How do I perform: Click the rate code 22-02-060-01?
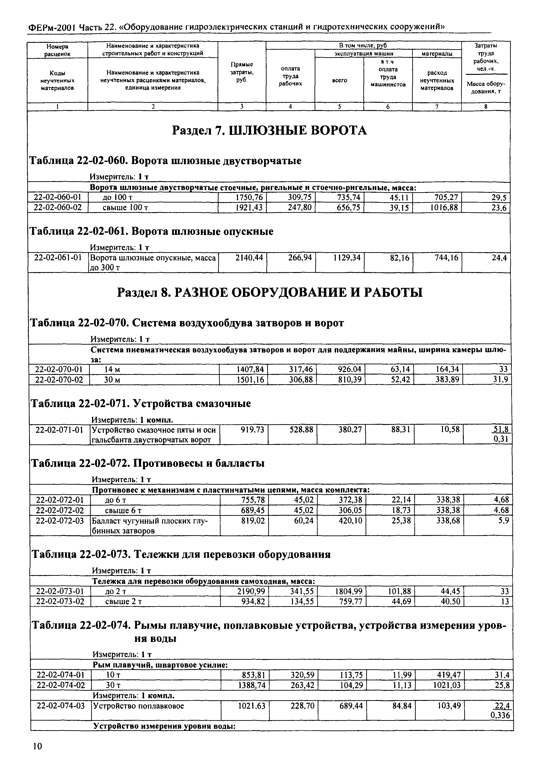[58, 197]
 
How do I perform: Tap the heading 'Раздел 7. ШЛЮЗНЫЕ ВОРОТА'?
[270, 130]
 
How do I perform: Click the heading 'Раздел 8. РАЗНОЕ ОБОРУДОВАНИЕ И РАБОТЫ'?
[270, 292]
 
